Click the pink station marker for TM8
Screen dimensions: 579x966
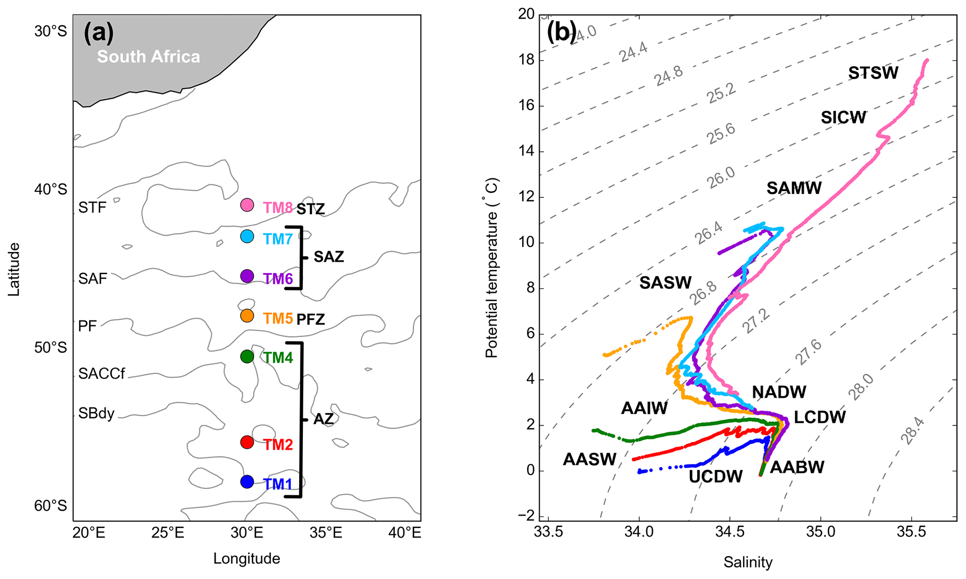(247, 205)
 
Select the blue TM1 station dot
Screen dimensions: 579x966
(247, 481)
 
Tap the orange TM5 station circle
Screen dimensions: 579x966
(247, 316)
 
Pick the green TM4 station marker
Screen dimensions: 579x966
(247, 356)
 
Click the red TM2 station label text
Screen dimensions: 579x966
(278, 445)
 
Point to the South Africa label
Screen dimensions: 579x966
(149, 57)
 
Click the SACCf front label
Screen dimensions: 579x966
(101, 374)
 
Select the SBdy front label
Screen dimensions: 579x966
(96, 413)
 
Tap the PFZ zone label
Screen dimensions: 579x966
(311, 320)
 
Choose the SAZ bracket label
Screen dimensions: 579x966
(329, 257)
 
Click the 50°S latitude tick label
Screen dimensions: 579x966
(50, 348)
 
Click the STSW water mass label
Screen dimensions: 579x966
(873, 73)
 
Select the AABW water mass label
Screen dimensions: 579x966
(797, 467)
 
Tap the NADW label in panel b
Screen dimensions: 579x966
(779, 392)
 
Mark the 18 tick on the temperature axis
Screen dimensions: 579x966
(527, 61)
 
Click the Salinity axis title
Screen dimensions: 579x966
(748, 562)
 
